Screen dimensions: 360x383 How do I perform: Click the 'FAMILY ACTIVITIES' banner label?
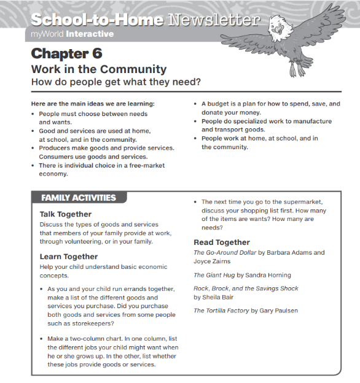coord(78,198)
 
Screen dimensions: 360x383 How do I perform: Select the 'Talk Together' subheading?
coord(65,214)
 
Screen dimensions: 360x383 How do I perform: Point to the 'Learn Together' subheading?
coord(69,257)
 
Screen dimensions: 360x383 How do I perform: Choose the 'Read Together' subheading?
coord(221,242)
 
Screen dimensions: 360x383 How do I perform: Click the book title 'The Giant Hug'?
coord(214,275)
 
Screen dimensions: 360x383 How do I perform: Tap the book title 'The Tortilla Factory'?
coord(221,311)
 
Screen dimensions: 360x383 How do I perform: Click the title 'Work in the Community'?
coord(98,69)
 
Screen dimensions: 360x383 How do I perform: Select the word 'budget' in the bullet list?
coord(222,104)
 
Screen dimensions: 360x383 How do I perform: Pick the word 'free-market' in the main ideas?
coord(146,165)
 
